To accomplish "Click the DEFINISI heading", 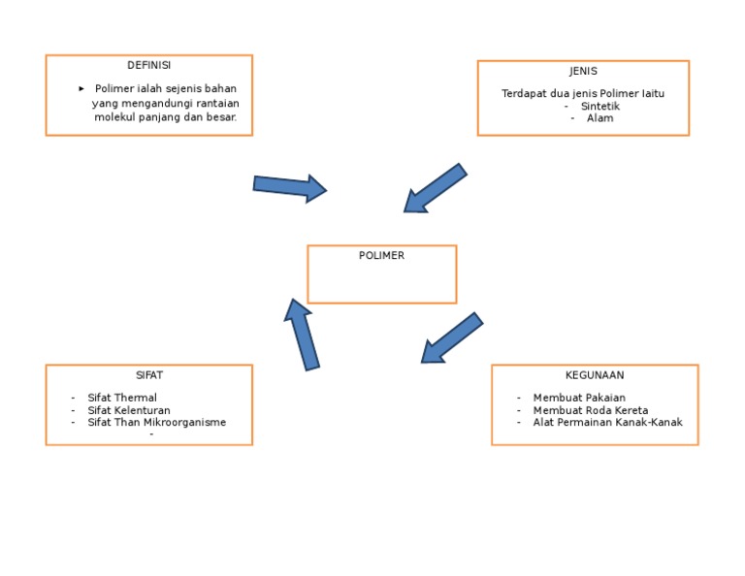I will [148, 66].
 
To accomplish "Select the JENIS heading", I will [583, 72].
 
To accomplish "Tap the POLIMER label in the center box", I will [381, 256].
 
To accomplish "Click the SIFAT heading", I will [149, 375].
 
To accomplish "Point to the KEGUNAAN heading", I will [595, 375].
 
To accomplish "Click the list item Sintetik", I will [599, 107].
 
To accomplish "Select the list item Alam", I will [599, 118].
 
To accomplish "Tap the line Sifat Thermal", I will [121, 399].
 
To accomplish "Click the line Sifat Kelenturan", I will [128, 411].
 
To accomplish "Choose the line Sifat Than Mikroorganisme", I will [156, 423].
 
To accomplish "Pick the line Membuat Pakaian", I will [579, 399].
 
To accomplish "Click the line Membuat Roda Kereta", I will [590, 411].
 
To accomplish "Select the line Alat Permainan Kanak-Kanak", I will [607, 423].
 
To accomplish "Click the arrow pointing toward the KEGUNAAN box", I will [451, 338].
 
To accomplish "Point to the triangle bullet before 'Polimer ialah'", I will [81, 89].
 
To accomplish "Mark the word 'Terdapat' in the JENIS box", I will [524, 94].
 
